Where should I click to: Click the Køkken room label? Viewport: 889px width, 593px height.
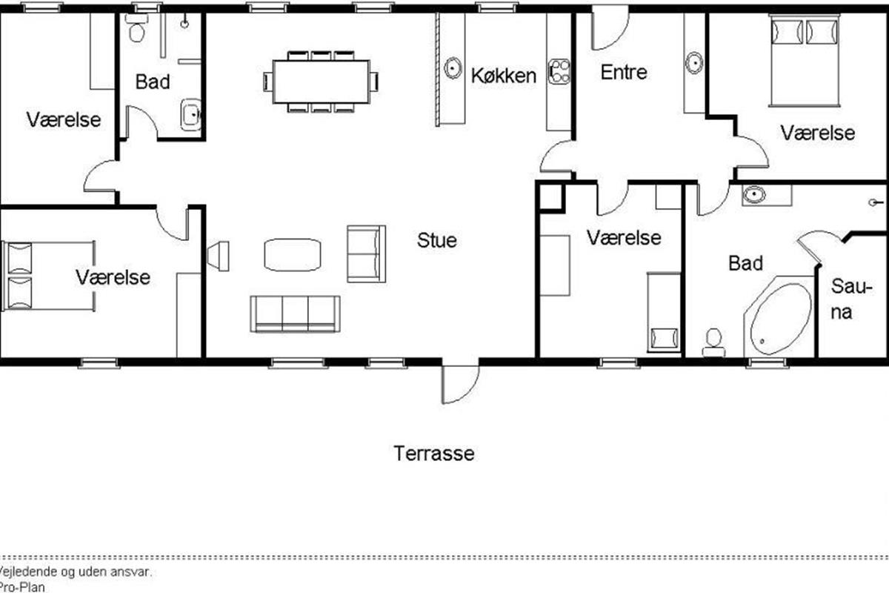(x=503, y=76)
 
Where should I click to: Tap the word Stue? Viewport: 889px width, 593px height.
(x=436, y=240)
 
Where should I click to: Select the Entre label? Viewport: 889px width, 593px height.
(x=624, y=73)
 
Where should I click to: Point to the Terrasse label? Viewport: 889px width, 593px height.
(x=434, y=453)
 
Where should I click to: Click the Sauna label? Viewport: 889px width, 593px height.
(x=851, y=299)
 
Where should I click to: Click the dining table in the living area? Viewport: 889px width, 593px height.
(x=321, y=82)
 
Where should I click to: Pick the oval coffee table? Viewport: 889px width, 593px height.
(x=293, y=255)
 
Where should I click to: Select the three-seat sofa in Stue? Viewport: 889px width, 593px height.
(x=295, y=314)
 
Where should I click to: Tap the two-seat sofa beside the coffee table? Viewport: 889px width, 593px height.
(x=366, y=254)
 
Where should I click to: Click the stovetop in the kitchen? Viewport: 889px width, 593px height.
(x=559, y=71)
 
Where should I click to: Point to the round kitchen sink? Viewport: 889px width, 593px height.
(x=453, y=68)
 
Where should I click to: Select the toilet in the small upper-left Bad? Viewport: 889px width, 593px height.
(x=136, y=28)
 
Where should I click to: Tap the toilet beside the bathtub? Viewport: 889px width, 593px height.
(x=713, y=342)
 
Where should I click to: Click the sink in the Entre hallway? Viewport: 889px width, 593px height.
(x=694, y=63)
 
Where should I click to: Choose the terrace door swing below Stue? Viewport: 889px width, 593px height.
(x=461, y=384)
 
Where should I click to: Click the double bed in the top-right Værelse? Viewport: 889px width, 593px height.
(x=805, y=60)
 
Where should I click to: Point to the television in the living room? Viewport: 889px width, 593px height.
(x=218, y=256)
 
